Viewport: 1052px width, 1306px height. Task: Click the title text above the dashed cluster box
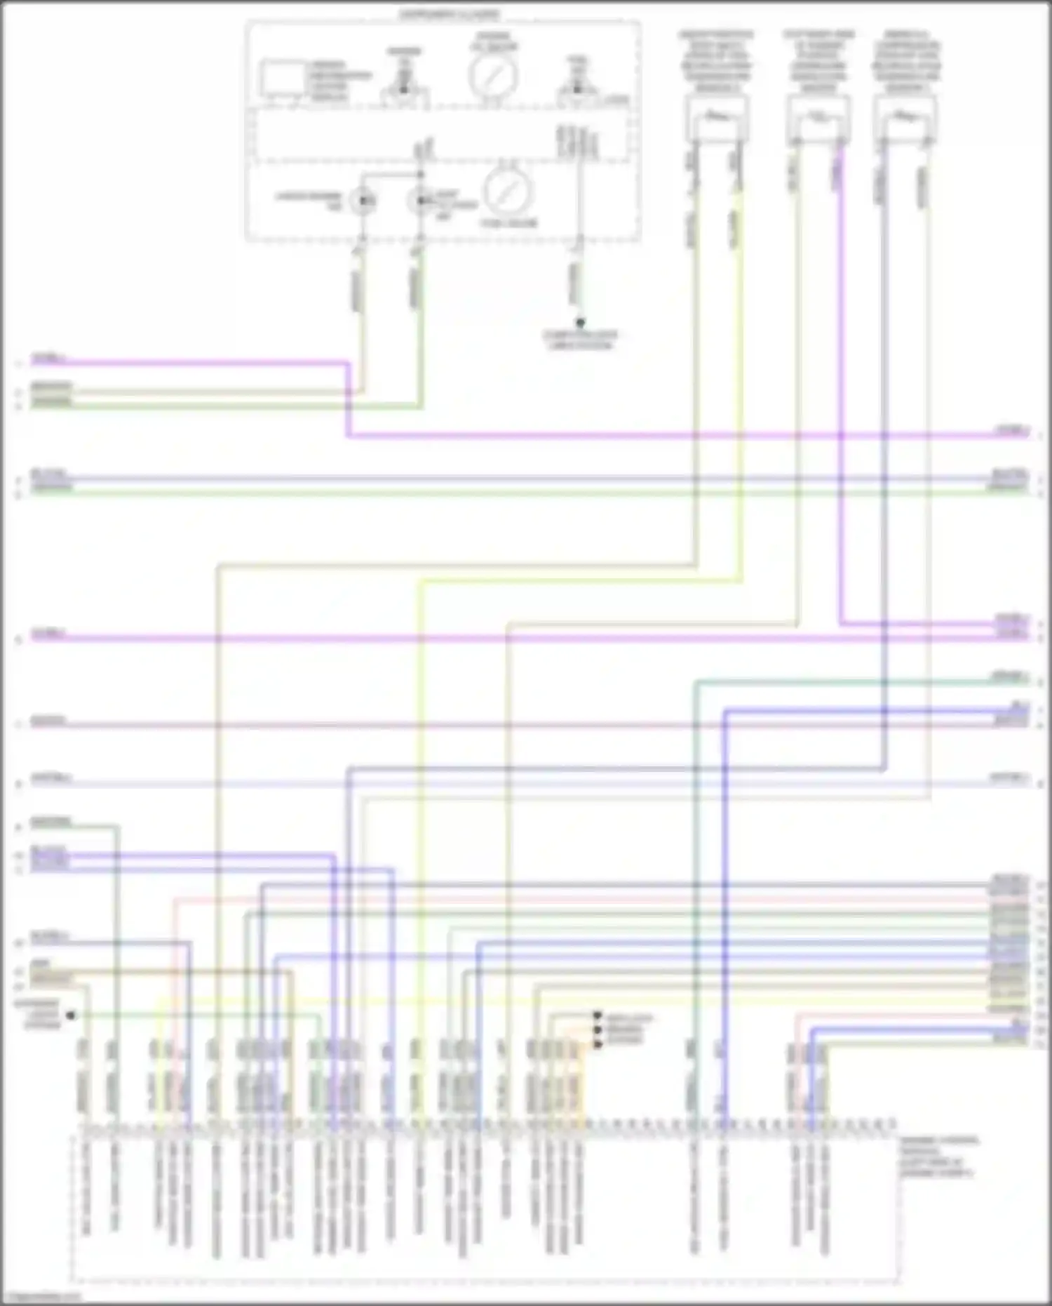450,14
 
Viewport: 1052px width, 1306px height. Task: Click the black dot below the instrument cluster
580,323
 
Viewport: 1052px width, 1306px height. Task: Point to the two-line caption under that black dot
580,340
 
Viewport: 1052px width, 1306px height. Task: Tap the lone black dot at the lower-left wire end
70,1015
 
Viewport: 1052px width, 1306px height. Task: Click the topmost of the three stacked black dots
598,1015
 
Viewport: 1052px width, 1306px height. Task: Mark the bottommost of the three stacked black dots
598,1045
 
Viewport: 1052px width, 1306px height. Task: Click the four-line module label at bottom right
938,1157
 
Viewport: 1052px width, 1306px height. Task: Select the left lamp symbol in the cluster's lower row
363,202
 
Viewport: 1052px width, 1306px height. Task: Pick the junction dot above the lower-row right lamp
420,174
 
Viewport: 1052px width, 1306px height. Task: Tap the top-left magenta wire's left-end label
48,359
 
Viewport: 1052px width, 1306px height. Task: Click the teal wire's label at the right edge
1009,677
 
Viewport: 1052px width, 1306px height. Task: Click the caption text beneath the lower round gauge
509,223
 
